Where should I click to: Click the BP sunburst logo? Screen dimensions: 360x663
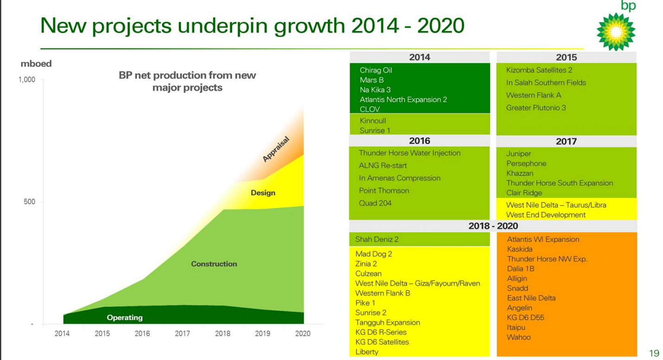pos(615,32)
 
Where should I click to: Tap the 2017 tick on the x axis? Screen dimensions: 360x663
pos(182,334)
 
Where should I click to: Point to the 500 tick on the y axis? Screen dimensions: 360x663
pos(30,202)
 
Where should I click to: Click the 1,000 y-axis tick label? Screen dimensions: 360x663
pos(27,80)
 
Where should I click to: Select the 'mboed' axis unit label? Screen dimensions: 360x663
pos(36,64)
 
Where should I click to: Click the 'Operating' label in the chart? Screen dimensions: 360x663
pos(125,318)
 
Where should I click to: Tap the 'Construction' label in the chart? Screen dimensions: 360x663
pos(214,264)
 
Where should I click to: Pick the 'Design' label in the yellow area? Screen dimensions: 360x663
pos(263,193)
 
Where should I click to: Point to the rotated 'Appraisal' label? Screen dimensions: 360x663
pos(276,149)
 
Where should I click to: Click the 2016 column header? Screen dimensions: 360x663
pos(419,141)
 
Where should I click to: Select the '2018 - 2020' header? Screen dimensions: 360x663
pos(493,226)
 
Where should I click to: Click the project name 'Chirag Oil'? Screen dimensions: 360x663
pos(376,71)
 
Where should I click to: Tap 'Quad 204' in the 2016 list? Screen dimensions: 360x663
pos(375,203)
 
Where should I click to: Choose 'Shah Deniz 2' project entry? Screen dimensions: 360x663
pos(376,239)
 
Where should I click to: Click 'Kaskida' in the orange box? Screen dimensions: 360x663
pos(519,249)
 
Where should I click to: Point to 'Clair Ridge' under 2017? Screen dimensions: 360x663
pos(524,193)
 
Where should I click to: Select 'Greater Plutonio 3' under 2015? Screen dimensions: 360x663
pos(535,108)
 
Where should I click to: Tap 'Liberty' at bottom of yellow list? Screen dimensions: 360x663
pos(367,352)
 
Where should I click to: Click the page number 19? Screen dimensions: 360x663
pos(654,354)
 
